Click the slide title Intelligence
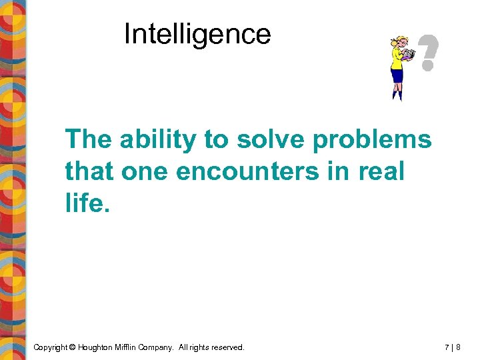click(x=197, y=34)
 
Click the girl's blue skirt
click(x=397, y=75)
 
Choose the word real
click(x=381, y=171)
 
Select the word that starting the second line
click(x=89, y=171)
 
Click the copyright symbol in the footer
click(x=72, y=347)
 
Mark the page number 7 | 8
click(x=454, y=347)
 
